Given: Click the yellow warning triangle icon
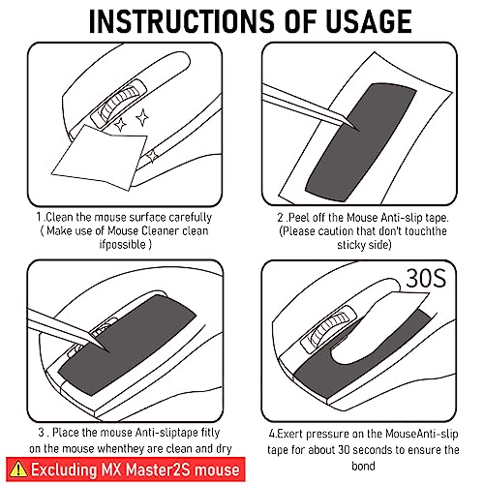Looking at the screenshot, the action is point(18,469).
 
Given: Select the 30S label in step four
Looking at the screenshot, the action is point(426,278).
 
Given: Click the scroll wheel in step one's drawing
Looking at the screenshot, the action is point(118,103).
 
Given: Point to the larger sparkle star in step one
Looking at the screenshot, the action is point(142,117).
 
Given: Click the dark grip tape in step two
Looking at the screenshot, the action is point(361,142).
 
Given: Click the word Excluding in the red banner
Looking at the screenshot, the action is point(64,470).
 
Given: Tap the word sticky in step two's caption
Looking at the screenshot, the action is point(350,245).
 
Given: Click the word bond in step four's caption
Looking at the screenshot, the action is point(363,466).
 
